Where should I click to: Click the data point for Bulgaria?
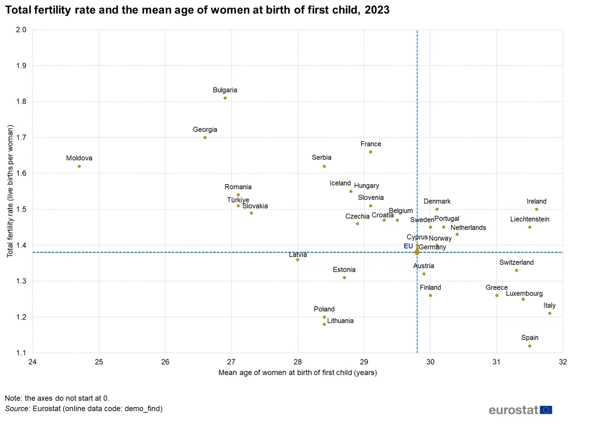pos(225,98)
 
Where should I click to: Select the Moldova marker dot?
pos(79,166)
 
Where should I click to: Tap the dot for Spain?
pos(529,346)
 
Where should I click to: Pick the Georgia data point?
pos(205,138)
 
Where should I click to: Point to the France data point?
pos(370,152)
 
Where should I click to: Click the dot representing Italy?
pos(550,313)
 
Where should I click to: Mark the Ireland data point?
pos(536,209)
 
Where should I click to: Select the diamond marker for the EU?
pos(417,252)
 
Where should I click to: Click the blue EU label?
pos(408,246)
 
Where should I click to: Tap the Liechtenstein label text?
pos(529,219)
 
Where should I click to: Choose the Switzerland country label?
pos(516,262)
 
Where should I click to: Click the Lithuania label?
pos(340,321)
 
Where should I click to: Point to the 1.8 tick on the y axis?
pos(21,102)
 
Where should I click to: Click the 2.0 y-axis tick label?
pos(21,30)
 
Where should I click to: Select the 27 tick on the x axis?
pos(231,362)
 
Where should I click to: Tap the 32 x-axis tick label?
pos(563,362)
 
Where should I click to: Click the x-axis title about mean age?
pos(297,372)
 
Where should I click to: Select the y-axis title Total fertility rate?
pos(10,191)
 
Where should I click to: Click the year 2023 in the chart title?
pos(377,10)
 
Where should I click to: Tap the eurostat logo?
pos(520,410)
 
